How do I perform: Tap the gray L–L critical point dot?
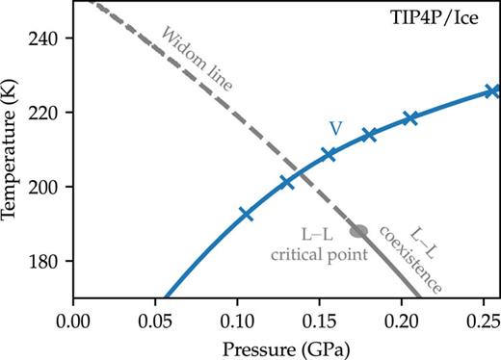358,231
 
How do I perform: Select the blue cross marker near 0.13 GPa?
287,182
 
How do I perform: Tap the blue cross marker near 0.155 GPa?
329,154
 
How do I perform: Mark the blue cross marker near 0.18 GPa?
369,135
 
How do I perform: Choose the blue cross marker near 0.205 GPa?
410,118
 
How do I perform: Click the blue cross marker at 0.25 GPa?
490,91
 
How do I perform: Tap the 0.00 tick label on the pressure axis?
73,316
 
